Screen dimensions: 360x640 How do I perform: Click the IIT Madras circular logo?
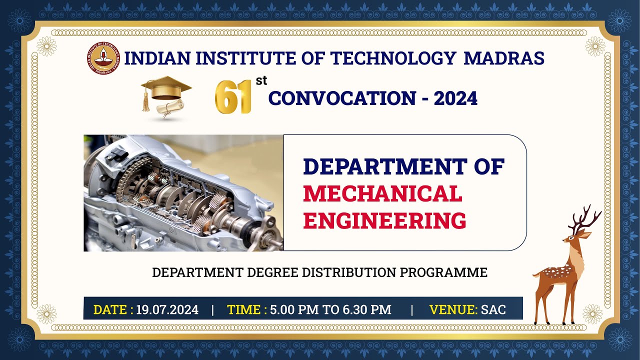tap(104, 58)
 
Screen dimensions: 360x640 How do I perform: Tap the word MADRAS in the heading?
tap(504, 58)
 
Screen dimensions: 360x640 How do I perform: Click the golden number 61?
tap(233, 96)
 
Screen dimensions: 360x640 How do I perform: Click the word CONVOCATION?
tap(341, 98)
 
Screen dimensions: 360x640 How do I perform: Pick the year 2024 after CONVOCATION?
tap(455, 98)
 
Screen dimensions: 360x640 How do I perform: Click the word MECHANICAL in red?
tap(382, 194)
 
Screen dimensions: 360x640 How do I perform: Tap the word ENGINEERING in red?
tap(384, 220)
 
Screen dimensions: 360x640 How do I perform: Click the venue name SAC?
tap(493, 310)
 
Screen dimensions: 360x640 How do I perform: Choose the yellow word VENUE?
tap(452, 310)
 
